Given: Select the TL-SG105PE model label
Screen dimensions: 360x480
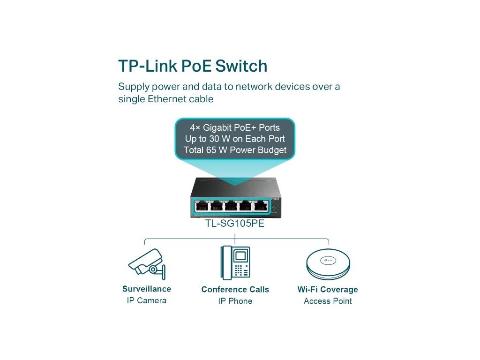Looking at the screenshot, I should pos(235,224).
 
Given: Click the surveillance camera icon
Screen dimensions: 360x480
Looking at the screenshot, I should pos(147,264).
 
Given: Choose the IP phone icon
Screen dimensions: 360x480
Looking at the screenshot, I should pos(235,263).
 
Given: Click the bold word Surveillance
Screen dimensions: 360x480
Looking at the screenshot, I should pos(147,289).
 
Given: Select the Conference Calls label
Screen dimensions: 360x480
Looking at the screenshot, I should pos(235,289).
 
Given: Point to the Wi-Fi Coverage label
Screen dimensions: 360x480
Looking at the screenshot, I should pos(328,289).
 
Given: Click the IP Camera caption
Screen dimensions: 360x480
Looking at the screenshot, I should pos(147,300).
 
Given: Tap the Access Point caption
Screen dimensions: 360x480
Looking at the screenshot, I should pos(328,301).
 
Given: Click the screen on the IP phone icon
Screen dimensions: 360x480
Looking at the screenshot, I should pos(240,256).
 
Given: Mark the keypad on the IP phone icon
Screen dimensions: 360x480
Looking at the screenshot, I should pos(241,270).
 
